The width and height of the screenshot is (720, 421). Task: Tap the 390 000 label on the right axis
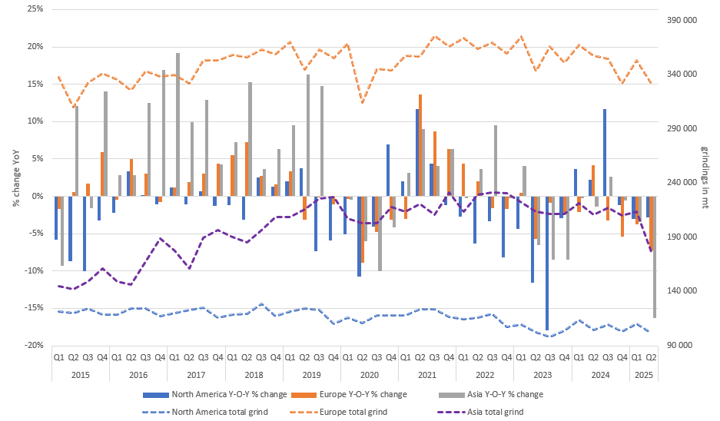680,20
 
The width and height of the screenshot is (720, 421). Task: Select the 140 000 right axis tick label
680,291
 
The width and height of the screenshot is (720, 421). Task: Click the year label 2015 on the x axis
80,376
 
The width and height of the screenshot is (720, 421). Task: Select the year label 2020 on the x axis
369,376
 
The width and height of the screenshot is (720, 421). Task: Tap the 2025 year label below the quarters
643,376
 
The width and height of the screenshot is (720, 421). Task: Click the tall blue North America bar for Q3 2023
547,263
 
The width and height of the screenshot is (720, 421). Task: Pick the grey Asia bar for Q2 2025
655,257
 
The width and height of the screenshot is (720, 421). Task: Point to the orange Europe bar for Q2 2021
420,145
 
